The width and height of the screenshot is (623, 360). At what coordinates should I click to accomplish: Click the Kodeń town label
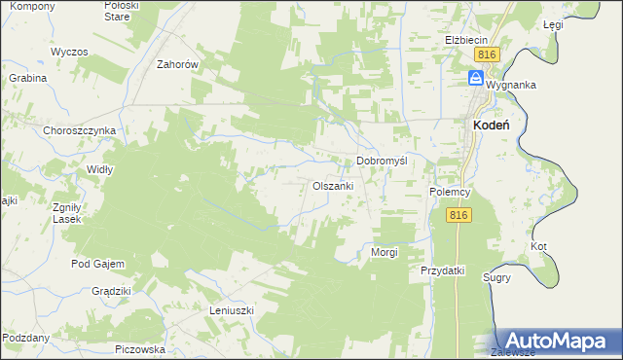pos(493,125)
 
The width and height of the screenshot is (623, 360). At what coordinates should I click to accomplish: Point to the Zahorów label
pos(178,64)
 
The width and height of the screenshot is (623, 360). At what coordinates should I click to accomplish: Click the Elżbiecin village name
pos(465,40)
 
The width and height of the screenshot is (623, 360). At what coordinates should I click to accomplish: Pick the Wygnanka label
pos(511,85)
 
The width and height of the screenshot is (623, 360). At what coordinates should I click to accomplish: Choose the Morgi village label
pos(385,252)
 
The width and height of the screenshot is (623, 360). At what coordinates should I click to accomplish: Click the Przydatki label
pos(443,270)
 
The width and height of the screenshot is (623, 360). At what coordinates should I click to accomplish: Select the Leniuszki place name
pos(232,310)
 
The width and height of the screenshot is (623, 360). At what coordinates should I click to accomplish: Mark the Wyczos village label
pos(70,51)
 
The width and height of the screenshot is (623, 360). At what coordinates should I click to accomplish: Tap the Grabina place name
pos(28,77)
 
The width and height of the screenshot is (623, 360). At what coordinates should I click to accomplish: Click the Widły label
pos(100,168)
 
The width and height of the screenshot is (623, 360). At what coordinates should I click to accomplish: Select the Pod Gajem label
pos(94,264)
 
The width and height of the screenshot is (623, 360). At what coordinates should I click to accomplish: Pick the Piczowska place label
pos(140,348)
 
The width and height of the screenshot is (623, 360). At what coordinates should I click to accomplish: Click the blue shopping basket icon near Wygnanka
pos(477,77)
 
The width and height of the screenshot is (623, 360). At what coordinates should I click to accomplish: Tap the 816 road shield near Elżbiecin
pos(489,55)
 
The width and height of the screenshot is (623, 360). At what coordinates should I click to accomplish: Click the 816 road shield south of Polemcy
pos(460,215)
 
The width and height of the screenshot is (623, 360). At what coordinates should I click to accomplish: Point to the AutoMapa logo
pos(553,342)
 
